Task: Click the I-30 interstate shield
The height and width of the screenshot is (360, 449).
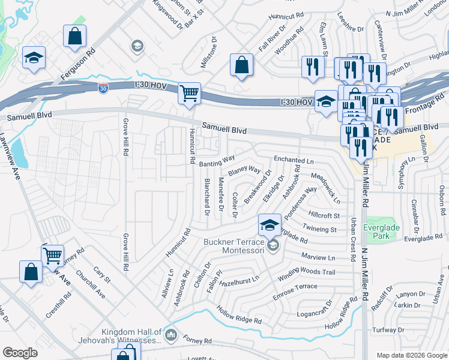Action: [x=103, y=88]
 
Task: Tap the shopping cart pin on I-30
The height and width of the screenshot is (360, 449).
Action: [x=189, y=94]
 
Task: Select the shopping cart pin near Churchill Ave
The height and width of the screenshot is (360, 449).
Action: [x=52, y=256]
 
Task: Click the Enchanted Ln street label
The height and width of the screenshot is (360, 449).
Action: [x=294, y=161]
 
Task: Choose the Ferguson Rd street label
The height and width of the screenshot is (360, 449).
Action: [x=78, y=65]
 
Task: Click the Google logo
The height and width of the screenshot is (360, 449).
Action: [x=20, y=353]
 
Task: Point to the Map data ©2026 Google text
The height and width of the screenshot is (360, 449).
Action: [x=411, y=355]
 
